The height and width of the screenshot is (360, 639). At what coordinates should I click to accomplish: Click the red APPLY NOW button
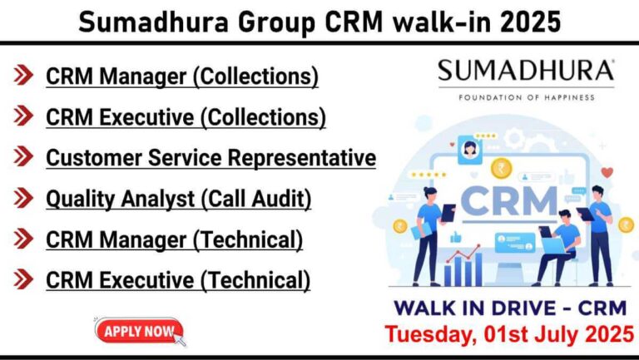click(x=139, y=330)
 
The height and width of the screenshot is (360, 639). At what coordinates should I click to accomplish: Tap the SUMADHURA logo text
click(x=526, y=71)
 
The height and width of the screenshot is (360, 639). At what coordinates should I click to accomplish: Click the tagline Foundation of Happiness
click(x=526, y=98)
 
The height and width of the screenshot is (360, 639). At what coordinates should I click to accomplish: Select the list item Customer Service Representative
click(x=211, y=158)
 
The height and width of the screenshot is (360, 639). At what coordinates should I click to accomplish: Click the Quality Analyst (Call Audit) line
click(x=179, y=200)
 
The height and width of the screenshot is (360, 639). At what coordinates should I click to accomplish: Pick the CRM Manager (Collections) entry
click(x=181, y=76)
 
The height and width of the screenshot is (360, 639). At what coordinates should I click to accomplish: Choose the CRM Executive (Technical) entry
click(x=178, y=280)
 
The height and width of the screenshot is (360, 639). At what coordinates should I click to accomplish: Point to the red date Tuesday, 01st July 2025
click(x=509, y=334)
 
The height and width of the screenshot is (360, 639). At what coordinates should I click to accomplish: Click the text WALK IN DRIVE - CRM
click(x=510, y=308)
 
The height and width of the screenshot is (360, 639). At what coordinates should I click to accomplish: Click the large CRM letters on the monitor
click(x=509, y=200)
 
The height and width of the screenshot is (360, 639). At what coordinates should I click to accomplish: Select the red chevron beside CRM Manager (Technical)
click(x=23, y=239)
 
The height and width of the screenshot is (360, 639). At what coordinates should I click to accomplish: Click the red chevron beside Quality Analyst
click(x=23, y=198)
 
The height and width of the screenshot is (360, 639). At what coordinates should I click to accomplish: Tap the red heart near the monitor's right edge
click(x=607, y=172)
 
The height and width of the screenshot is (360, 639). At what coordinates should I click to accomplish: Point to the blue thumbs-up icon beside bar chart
click(x=456, y=238)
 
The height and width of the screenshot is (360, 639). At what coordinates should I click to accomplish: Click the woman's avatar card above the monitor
click(x=470, y=150)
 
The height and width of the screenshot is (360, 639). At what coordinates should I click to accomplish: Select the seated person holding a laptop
click(x=558, y=247)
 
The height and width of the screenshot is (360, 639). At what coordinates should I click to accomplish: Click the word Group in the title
click(x=276, y=23)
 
